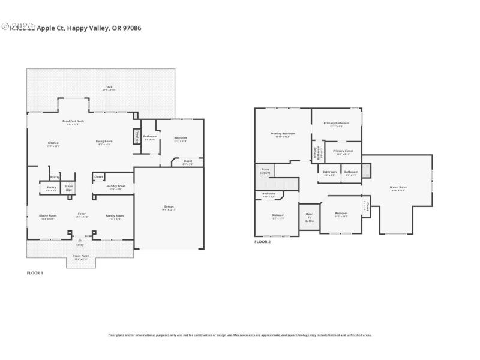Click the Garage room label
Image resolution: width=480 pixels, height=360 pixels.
point(169,207)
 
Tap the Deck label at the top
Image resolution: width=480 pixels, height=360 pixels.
point(109,88)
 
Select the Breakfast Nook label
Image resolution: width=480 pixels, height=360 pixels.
point(73,122)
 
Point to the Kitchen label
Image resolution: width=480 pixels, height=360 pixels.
point(53,143)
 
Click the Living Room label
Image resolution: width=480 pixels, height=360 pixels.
point(104,142)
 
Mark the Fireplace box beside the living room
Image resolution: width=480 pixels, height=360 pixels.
point(136,136)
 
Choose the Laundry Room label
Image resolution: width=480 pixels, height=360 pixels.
point(115,187)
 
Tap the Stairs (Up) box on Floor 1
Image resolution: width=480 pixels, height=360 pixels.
point(69,188)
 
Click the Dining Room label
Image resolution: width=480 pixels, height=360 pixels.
point(47,216)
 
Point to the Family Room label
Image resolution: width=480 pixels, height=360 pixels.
point(115,216)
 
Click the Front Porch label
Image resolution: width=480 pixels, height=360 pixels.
point(81,257)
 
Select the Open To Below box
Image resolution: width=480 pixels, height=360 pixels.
point(310,217)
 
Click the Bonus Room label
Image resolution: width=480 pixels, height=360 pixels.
point(398,188)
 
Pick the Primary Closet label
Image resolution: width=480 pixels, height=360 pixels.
point(343,152)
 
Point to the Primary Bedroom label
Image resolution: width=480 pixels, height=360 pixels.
point(283,134)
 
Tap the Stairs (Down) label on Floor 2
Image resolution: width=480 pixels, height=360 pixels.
point(265,170)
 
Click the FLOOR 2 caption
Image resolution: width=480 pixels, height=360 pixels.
point(262,242)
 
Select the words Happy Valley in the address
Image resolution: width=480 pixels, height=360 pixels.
point(88,28)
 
